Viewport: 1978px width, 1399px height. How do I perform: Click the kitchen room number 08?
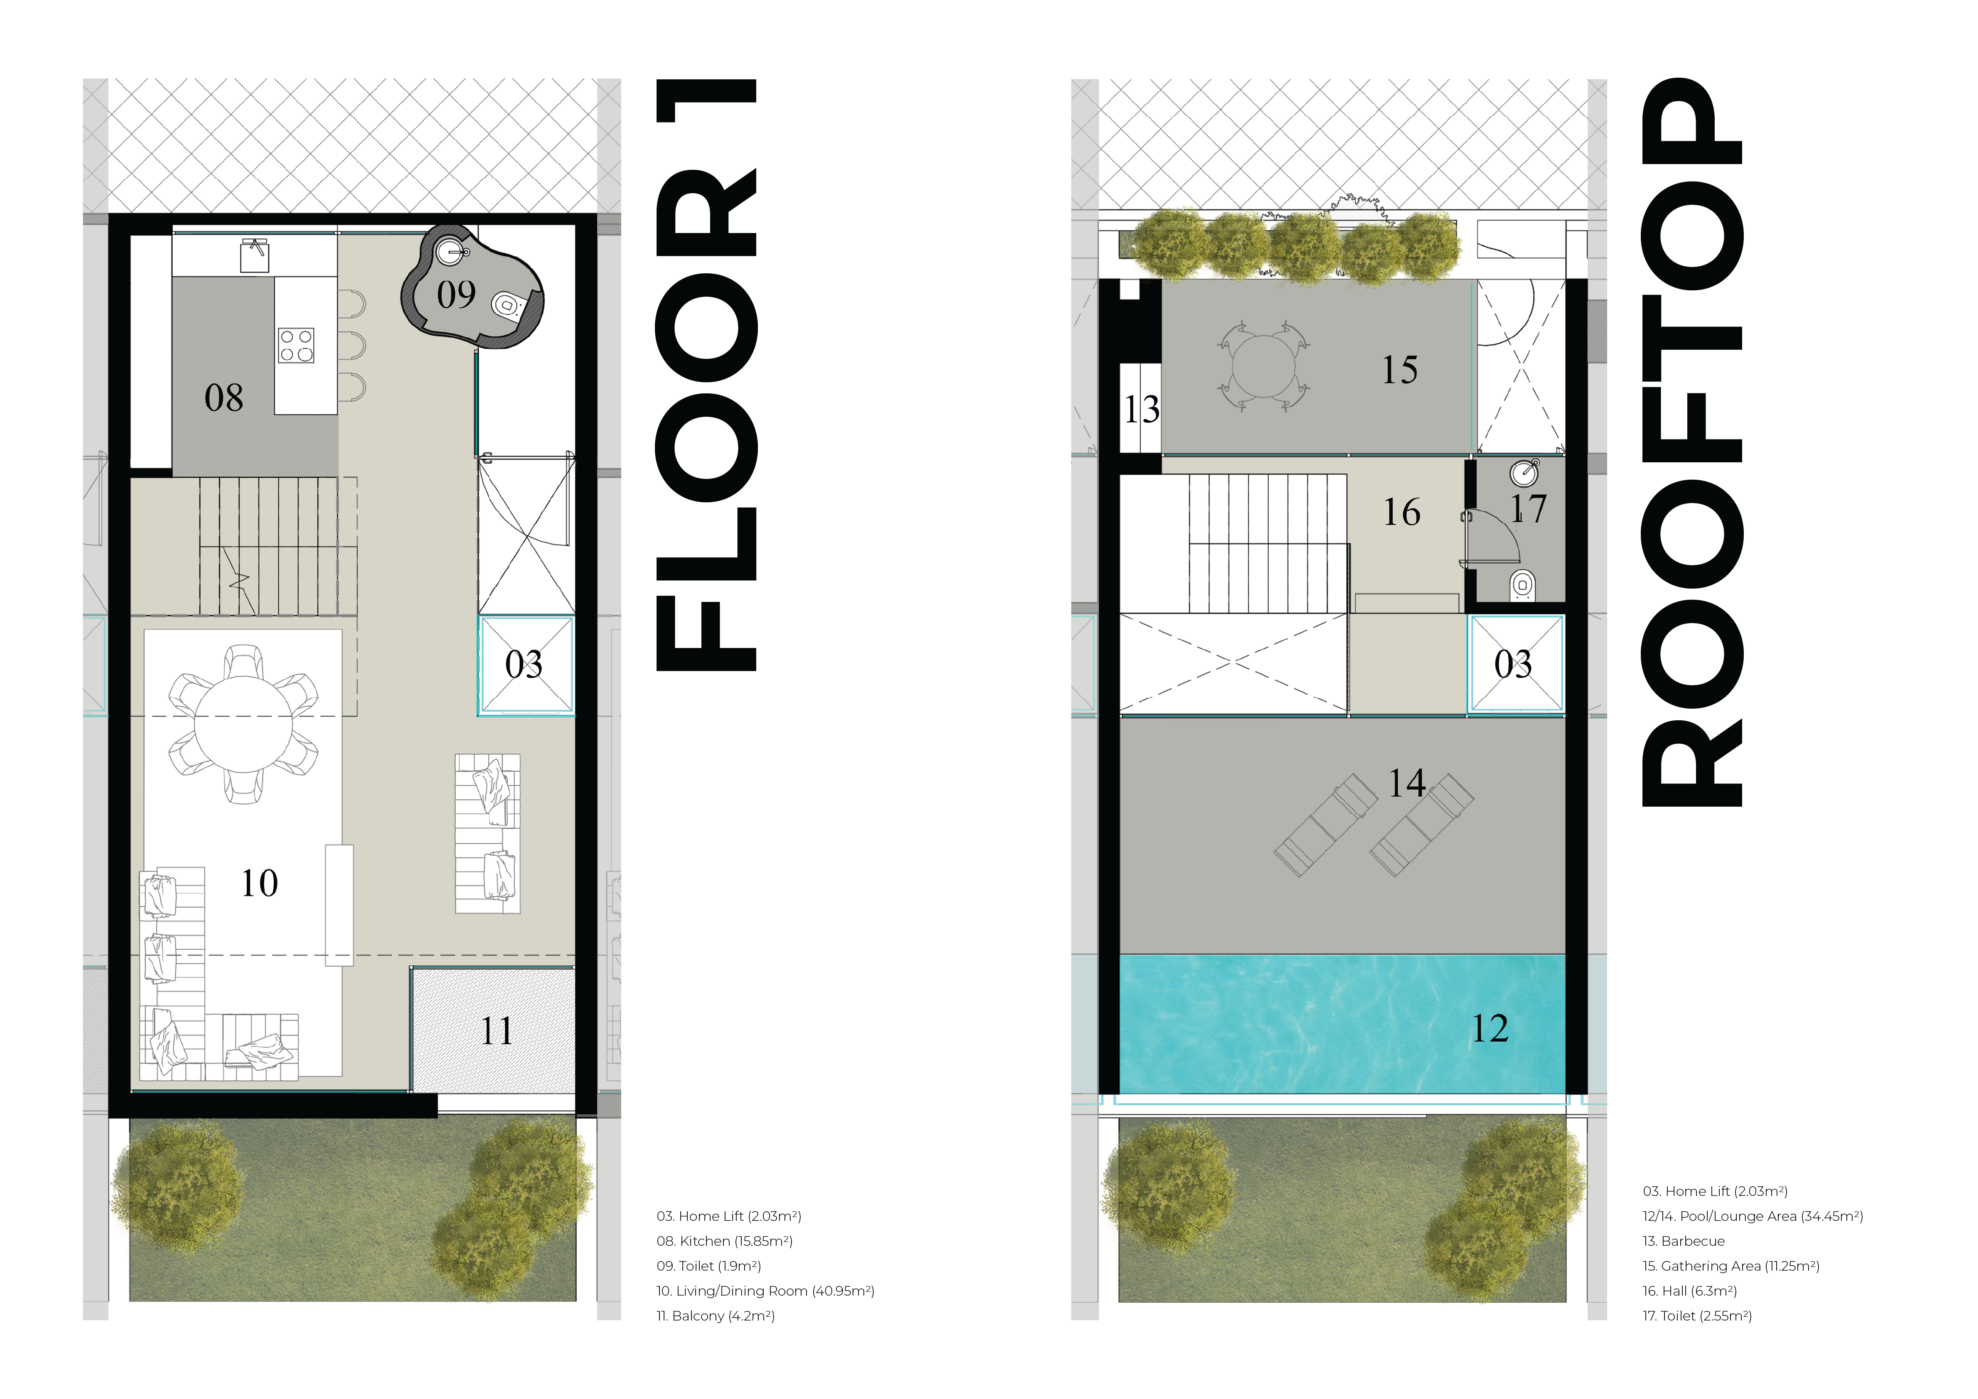tap(224, 398)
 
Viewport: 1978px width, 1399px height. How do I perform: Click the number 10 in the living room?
tap(259, 883)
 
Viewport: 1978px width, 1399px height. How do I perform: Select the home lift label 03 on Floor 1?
tap(524, 664)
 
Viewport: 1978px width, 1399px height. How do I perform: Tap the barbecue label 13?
tap(1142, 409)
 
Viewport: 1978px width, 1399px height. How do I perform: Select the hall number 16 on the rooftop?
tap(1402, 513)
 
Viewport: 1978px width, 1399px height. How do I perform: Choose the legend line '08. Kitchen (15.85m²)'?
tap(725, 1241)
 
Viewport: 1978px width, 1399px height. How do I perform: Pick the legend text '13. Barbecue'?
tap(1684, 1241)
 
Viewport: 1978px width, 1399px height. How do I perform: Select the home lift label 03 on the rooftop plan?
tap(1514, 664)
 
